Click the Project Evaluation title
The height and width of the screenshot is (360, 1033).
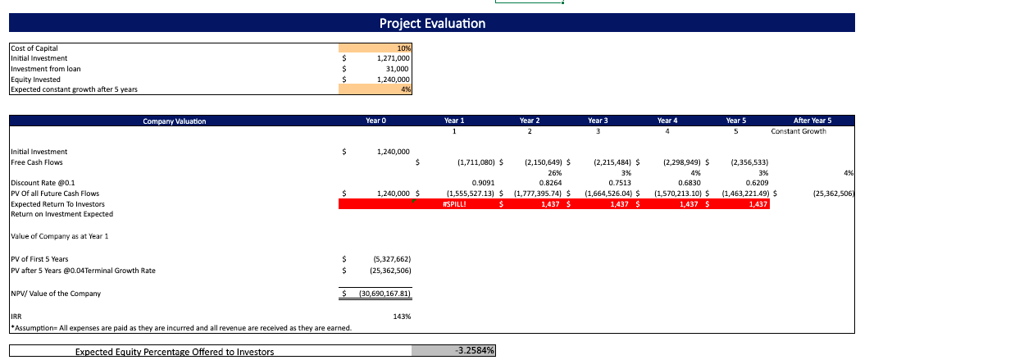click(x=432, y=23)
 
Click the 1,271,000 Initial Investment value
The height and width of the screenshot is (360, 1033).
click(x=393, y=59)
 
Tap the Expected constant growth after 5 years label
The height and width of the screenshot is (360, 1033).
click(x=74, y=89)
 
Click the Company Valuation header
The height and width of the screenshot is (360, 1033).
click(x=175, y=121)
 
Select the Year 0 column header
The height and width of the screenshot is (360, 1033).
click(x=375, y=121)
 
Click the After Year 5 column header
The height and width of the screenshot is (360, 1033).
click(x=812, y=121)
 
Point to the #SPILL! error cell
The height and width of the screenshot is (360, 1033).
click(x=453, y=204)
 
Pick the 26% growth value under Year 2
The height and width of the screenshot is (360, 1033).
click(x=554, y=173)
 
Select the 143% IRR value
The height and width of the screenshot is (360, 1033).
click(x=403, y=316)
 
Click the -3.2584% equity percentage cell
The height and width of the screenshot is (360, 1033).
click(x=473, y=351)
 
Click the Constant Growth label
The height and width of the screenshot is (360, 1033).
click(x=799, y=131)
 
